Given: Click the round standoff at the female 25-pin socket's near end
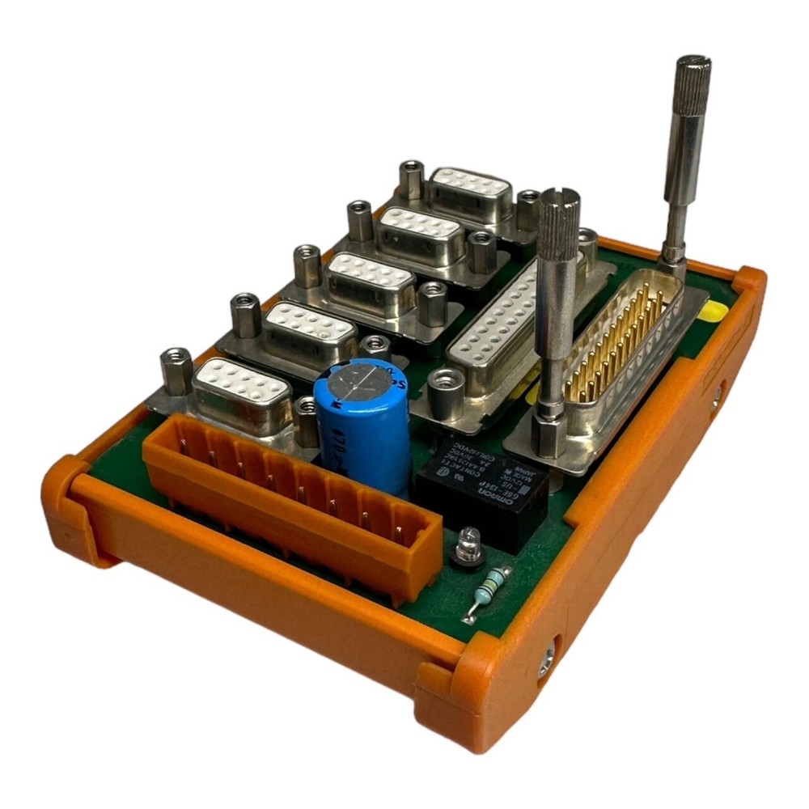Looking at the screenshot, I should [445, 392].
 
